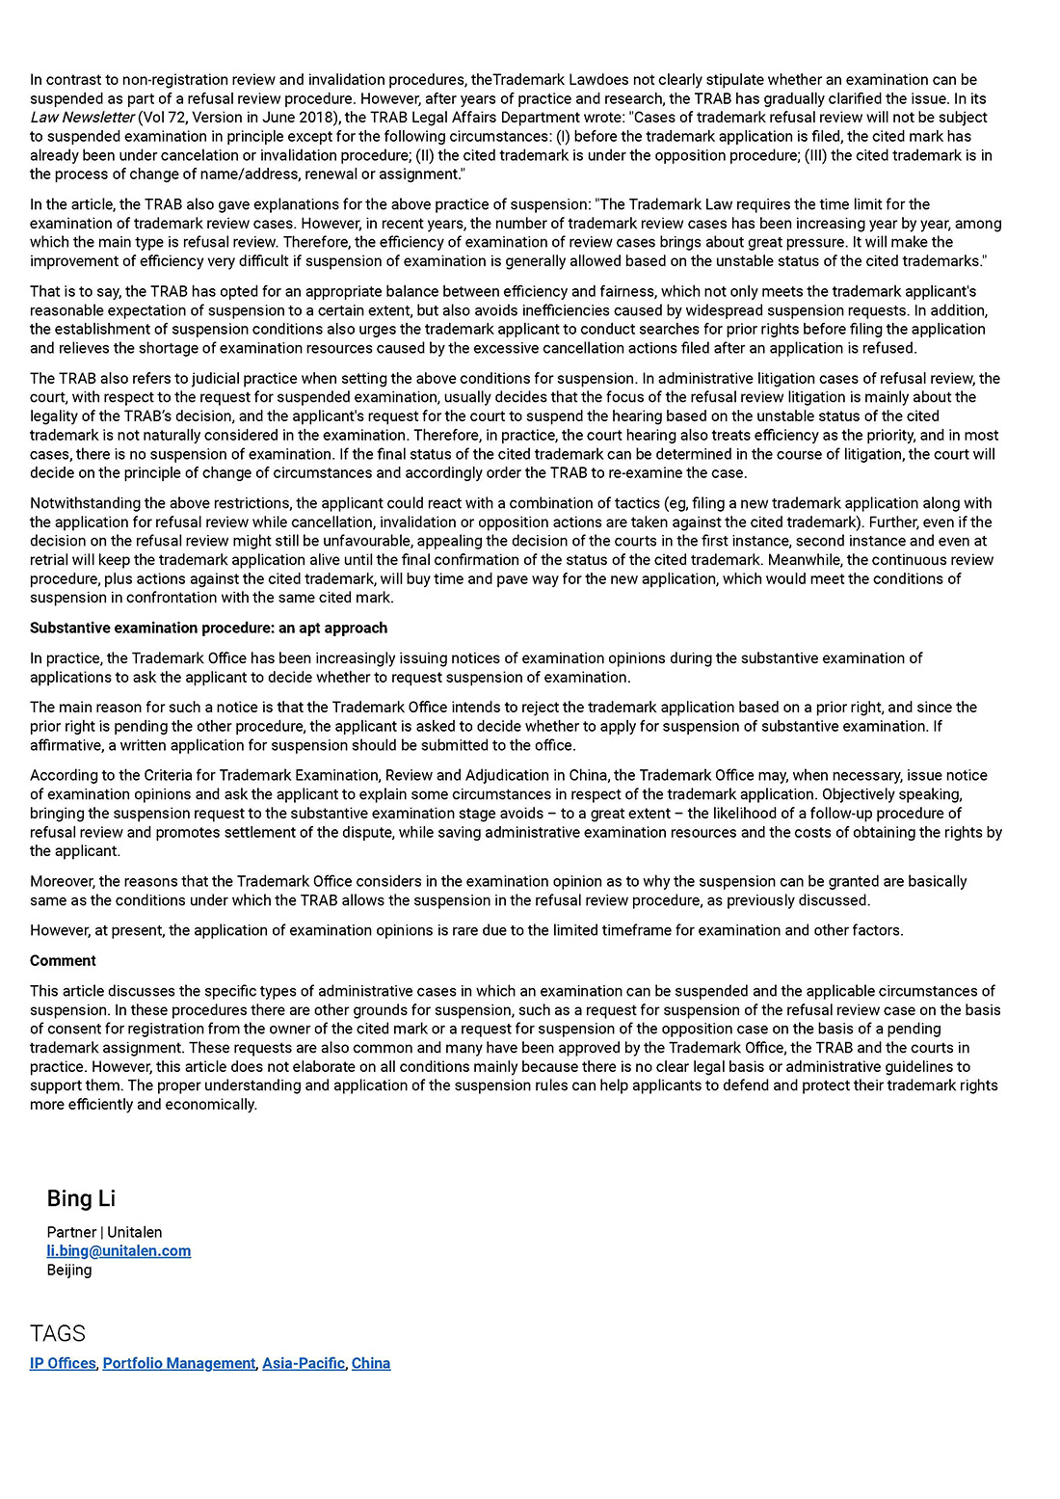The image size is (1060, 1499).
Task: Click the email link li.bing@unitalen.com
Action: (119, 1251)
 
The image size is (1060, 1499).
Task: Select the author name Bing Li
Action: (81, 1198)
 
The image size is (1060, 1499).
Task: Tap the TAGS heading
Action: (58, 1333)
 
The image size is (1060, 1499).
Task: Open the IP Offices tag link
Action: (63, 1363)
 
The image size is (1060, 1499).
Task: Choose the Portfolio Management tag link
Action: (179, 1363)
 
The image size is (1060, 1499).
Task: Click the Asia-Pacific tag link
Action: (304, 1363)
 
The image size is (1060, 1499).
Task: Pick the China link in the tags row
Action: (371, 1363)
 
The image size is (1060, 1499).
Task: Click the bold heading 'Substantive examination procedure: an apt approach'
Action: (208, 628)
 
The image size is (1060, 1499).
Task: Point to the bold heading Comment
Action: (63, 960)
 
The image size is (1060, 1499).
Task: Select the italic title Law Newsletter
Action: (82, 118)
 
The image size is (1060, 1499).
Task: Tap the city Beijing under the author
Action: (69, 1270)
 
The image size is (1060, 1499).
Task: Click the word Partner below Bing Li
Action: (71, 1232)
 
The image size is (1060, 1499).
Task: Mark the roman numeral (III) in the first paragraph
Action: (815, 155)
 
